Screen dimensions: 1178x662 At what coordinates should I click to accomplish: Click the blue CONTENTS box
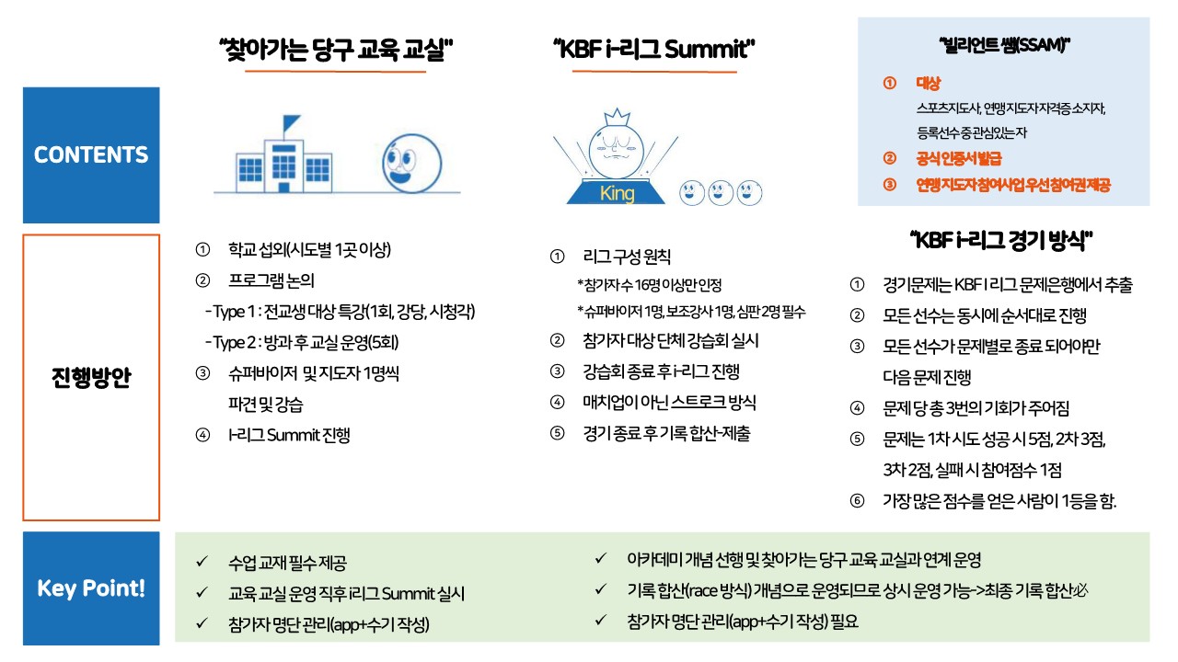pyautogui.click(x=91, y=155)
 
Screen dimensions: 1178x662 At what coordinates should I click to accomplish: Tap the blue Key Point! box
pyautogui.click(x=91, y=588)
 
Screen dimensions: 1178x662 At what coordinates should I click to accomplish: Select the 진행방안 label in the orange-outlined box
pyautogui.click(x=91, y=377)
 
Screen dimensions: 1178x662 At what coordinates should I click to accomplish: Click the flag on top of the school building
pyautogui.click(x=291, y=124)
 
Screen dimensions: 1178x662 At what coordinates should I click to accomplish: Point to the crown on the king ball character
pyautogui.click(x=617, y=117)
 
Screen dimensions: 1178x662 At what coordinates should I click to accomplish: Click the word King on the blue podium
pyautogui.click(x=617, y=193)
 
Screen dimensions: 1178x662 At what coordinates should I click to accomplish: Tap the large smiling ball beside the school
pyautogui.click(x=411, y=164)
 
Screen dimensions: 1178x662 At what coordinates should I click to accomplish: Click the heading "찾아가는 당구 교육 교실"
pyautogui.click(x=336, y=50)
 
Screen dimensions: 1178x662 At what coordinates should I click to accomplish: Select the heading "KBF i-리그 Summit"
pyautogui.click(x=653, y=50)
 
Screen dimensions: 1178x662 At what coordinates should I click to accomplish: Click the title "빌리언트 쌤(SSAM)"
pyautogui.click(x=1004, y=45)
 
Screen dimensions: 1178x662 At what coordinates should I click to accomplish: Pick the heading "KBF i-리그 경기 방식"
pyautogui.click(x=1001, y=241)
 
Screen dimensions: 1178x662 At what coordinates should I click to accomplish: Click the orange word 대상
pyautogui.click(x=929, y=83)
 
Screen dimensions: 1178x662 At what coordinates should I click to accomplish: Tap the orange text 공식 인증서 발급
pyautogui.click(x=959, y=159)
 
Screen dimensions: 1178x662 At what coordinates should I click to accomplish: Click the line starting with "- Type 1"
pyautogui.click(x=341, y=312)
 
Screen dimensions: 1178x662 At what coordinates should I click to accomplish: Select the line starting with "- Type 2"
pyautogui.click(x=302, y=343)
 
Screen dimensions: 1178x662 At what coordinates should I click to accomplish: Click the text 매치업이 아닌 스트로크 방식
pyautogui.click(x=669, y=403)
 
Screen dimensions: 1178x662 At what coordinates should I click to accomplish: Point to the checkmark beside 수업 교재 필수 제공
pyautogui.click(x=202, y=562)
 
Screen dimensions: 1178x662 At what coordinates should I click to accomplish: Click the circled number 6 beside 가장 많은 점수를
pyautogui.click(x=857, y=500)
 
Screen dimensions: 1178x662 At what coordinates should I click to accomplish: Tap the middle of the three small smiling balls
pyautogui.click(x=721, y=193)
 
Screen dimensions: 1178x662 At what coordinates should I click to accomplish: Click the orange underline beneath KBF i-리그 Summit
pyautogui.click(x=654, y=71)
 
